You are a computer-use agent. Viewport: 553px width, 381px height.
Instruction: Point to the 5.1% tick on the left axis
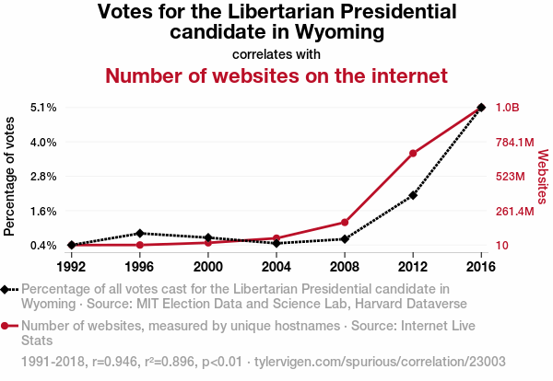click(x=43, y=108)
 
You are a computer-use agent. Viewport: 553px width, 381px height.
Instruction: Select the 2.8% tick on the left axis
click(x=43, y=176)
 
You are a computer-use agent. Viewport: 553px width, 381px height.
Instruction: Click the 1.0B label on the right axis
click(x=508, y=108)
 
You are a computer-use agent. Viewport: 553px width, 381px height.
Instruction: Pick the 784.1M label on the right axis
click(x=514, y=142)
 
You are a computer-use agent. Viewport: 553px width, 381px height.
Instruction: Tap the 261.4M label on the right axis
click(x=514, y=211)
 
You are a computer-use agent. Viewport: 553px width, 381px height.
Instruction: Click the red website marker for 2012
click(x=413, y=153)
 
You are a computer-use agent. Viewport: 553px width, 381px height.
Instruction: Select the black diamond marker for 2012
click(x=413, y=195)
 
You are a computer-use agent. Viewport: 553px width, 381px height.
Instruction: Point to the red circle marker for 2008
click(x=345, y=222)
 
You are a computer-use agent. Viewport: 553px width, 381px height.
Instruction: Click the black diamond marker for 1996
click(x=139, y=233)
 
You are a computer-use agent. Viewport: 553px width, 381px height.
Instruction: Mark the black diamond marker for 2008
click(x=345, y=238)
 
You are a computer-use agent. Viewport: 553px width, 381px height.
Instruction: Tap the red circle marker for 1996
click(x=139, y=245)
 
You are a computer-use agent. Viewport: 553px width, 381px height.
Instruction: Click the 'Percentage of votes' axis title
click(x=10, y=176)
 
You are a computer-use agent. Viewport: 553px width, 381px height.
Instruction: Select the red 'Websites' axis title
click(x=542, y=176)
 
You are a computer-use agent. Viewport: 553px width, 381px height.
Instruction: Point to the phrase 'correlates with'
click(x=276, y=53)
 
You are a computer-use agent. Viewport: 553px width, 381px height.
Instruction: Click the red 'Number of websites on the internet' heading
click(x=276, y=75)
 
